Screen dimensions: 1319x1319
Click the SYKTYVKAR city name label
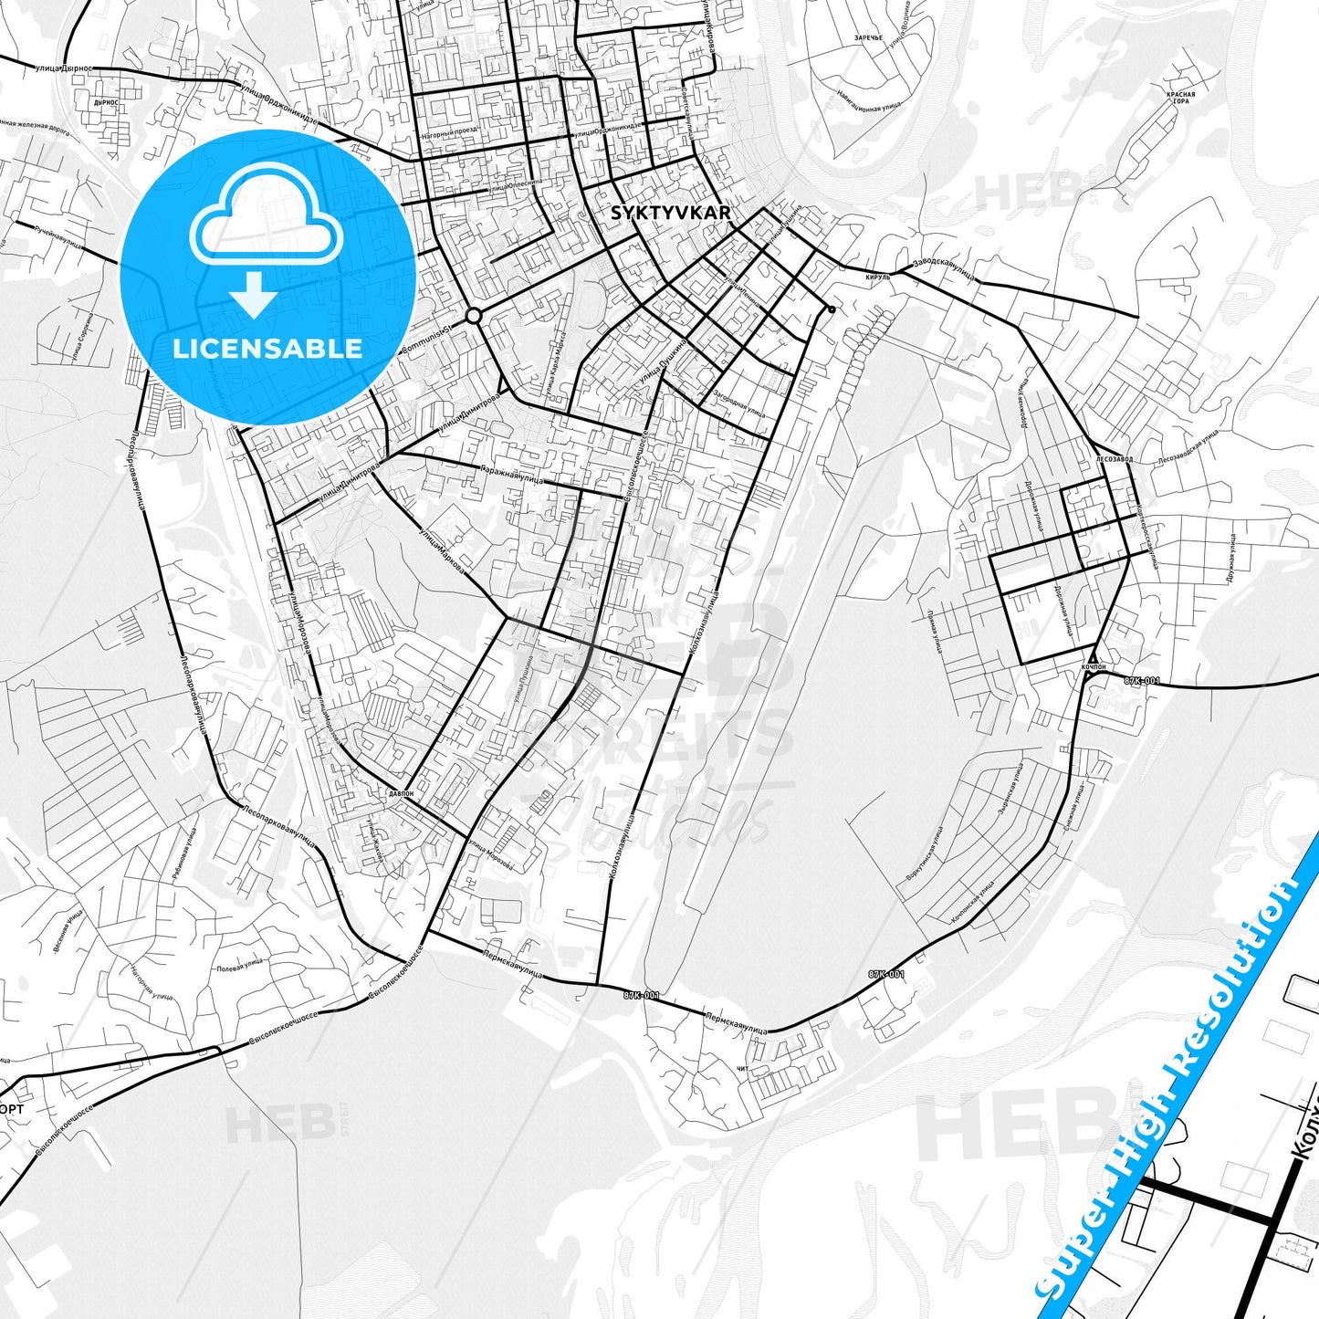coord(670,213)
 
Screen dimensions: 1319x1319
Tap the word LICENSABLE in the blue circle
coord(267,348)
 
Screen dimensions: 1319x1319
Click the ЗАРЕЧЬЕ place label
coord(868,38)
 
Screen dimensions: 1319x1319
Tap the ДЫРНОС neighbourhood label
coord(105,103)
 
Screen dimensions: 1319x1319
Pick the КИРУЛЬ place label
coord(877,277)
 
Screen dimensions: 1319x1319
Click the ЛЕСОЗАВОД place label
coord(1115,459)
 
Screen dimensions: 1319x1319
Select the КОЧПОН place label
coord(1093,667)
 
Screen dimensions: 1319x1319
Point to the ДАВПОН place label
coord(401,793)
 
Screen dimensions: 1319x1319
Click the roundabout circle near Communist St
coord(473,315)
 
